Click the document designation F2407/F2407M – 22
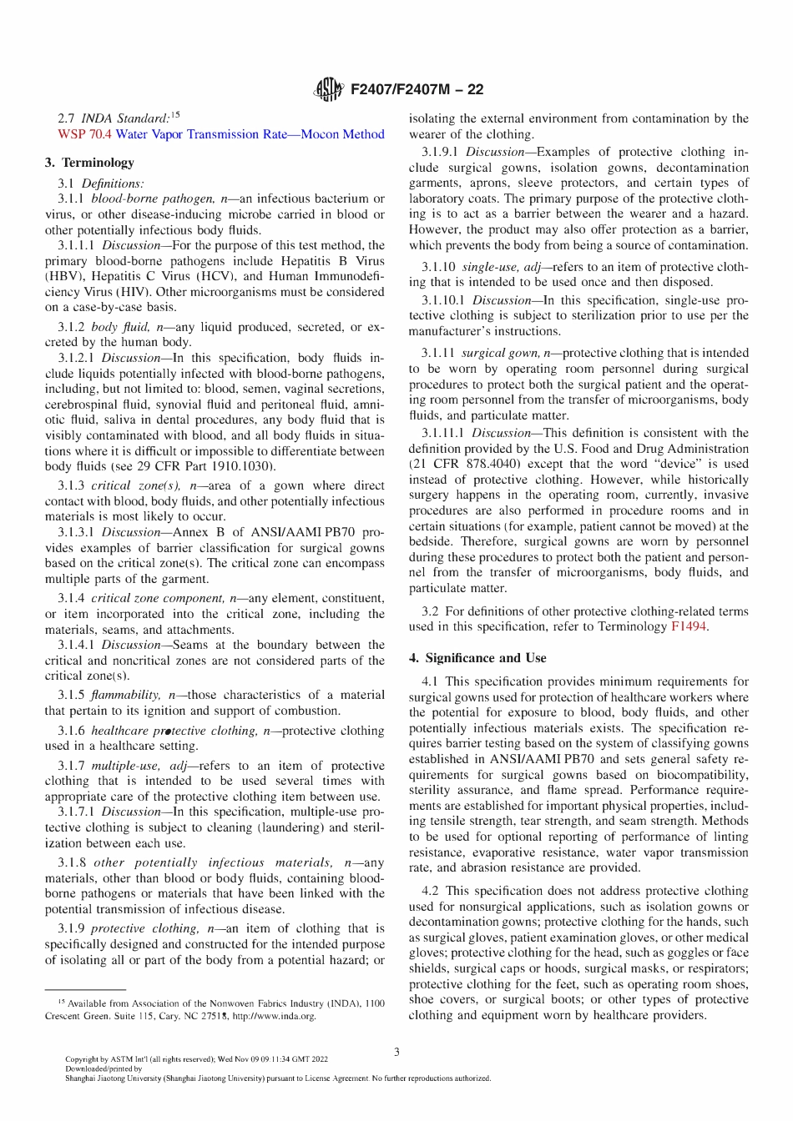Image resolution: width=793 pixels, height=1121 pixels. [417, 89]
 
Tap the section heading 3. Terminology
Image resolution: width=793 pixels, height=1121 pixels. [89, 163]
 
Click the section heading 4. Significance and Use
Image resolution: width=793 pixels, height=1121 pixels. [477, 658]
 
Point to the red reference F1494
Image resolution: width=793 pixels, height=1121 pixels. [689, 626]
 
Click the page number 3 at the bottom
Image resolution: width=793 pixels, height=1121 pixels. [396, 1052]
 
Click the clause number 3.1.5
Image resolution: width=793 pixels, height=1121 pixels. [71, 695]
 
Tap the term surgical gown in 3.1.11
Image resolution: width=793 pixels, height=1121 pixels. [499, 353]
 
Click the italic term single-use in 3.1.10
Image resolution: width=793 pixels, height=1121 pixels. [490, 267]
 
